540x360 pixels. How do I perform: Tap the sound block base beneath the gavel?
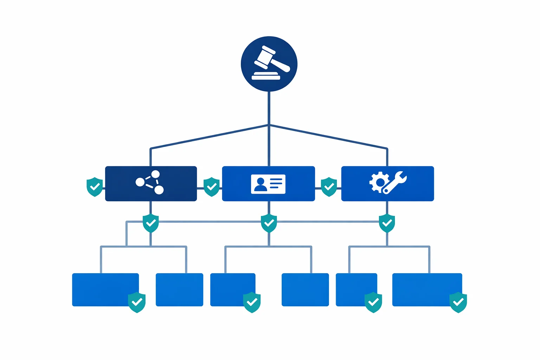(266, 76)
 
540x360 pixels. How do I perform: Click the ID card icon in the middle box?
(268, 184)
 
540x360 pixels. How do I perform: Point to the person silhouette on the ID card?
(261, 185)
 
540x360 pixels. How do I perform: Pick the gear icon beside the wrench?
(379, 182)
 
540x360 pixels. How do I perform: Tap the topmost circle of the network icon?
(155, 174)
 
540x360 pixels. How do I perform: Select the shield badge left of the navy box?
(95, 187)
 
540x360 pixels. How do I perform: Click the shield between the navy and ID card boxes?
(212, 187)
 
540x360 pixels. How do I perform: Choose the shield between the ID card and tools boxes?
(329, 187)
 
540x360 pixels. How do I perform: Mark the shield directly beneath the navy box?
(150, 223)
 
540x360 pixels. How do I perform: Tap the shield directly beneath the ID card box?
(269, 223)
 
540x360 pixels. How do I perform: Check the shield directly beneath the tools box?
(387, 223)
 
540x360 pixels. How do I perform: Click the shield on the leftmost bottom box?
(137, 302)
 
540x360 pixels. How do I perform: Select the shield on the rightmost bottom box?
(458, 302)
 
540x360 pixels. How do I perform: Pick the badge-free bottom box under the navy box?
(180, 290)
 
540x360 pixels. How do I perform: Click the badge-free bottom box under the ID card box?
(305, 290)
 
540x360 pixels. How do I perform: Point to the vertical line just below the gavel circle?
(269, 107)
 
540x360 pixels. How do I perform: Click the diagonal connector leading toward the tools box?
(329, 136)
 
